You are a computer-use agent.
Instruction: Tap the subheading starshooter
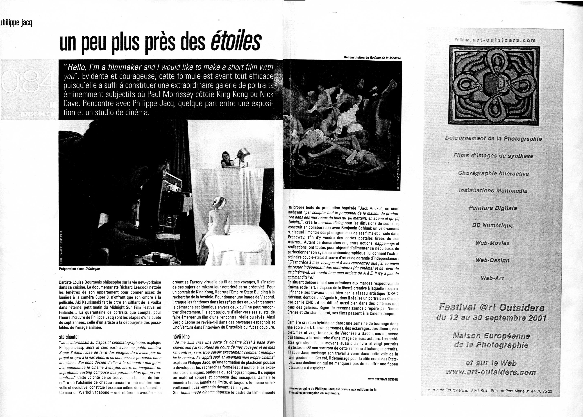click(x=69, y=337)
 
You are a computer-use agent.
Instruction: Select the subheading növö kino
click(x=181, y=337)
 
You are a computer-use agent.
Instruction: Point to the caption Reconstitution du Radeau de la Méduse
click(x=373, y=58)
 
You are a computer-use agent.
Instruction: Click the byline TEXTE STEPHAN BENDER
click(x=383, y=379)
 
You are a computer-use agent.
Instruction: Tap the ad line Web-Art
click(x=492, y=278)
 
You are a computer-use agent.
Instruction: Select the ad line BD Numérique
click(x=493, y=225)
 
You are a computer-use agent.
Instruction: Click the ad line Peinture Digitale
click(x=493, y=208)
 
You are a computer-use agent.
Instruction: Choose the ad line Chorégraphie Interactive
click(x=493, y=173)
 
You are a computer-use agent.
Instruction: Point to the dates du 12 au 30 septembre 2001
click(x=491, y=318)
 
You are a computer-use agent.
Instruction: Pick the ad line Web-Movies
click(x=492, y=243)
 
